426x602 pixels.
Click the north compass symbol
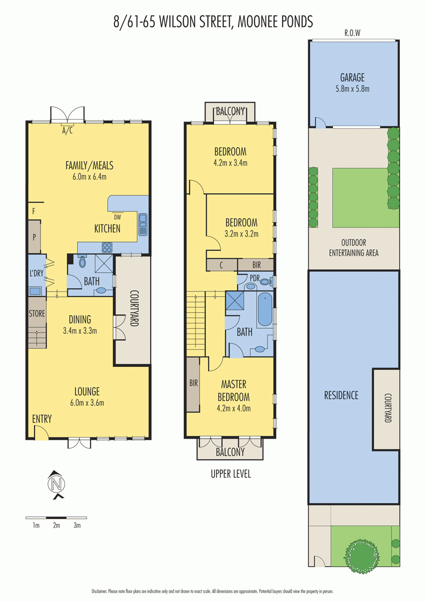pos(56,484)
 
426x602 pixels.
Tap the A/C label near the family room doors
pos(67,131)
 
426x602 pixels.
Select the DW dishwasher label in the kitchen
pos(117,217)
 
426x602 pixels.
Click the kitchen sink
pos(143,224)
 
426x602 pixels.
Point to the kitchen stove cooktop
pos(107,247)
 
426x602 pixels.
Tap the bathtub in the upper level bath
pos(265,309)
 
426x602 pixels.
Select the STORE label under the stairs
pos(37,314)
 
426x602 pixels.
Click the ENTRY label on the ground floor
pos(42,419)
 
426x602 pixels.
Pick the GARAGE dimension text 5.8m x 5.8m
pos(352,89)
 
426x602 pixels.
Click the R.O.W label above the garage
pos(352,33)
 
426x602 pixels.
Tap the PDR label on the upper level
pos(255,278)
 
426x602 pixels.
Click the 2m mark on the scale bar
pos(56,525)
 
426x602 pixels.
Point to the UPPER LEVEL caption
pos(231,474)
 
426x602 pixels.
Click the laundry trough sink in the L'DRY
pos(35,291)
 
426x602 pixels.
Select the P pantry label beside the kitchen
pos(34,237)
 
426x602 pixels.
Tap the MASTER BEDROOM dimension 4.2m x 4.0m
pos(234,408)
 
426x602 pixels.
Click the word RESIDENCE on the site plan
pos(341,396)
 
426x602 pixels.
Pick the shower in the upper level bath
pos(234,300)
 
